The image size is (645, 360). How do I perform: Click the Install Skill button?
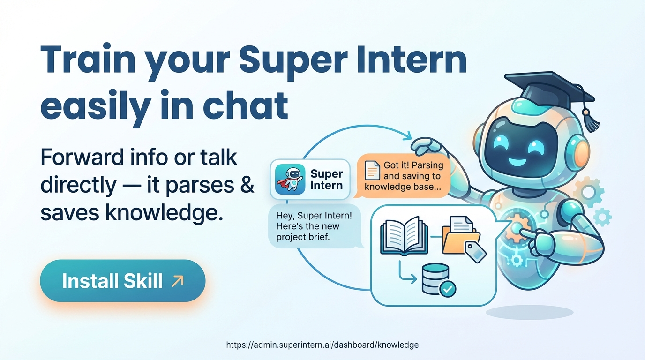pos(122,281)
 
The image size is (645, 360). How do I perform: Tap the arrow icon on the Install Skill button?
pos(178,281)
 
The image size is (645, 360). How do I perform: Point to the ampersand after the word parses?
pos(247,185)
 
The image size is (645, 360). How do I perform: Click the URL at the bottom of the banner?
pos(322,345)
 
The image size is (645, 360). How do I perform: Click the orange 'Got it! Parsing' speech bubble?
pos(404,176)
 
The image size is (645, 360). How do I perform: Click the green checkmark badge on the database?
pos(448,289)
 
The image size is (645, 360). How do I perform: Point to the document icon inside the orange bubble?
pos(372,170)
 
